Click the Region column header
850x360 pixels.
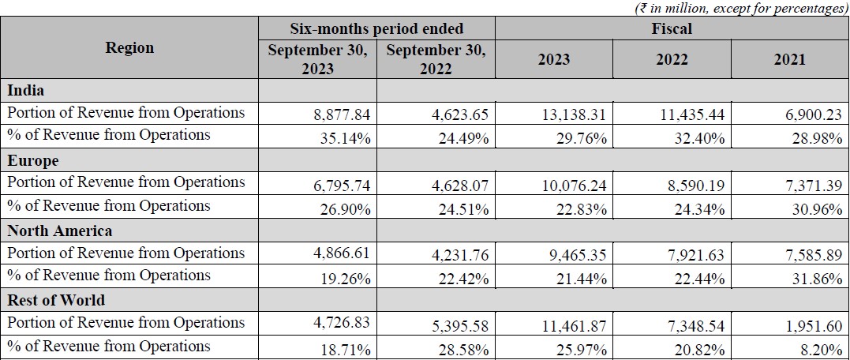click(129, 47)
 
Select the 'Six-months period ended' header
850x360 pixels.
click(376, 28)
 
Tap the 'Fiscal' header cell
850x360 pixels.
click(672, 28)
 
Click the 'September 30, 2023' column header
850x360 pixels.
click(317, 59)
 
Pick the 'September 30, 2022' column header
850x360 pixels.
click(436, 59)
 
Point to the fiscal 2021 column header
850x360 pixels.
click(789, 60)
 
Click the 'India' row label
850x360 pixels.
click(25, 90)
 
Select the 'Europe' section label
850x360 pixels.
click(33, 160)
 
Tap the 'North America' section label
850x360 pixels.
click(60, 231)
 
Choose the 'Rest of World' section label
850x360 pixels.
click(57, 300)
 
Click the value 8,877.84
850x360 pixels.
click(341, 114)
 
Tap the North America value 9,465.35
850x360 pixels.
click(575, 255)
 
